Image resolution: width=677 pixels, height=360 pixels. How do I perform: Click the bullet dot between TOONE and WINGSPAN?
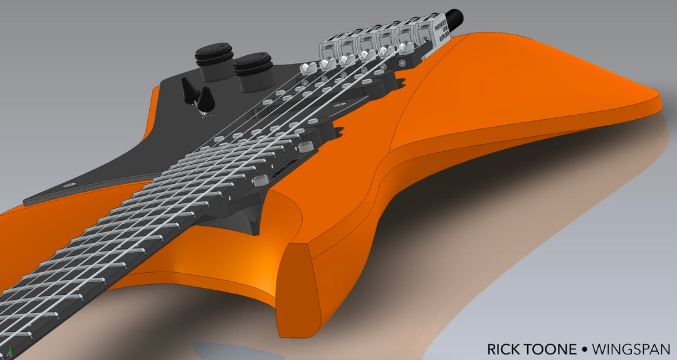click(584, 349)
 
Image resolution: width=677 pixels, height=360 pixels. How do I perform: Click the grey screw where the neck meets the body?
click(256, 181)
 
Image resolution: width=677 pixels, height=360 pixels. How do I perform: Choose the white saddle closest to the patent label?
click(402, 48)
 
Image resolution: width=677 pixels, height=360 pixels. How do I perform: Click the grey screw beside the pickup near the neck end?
click(305, 146)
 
